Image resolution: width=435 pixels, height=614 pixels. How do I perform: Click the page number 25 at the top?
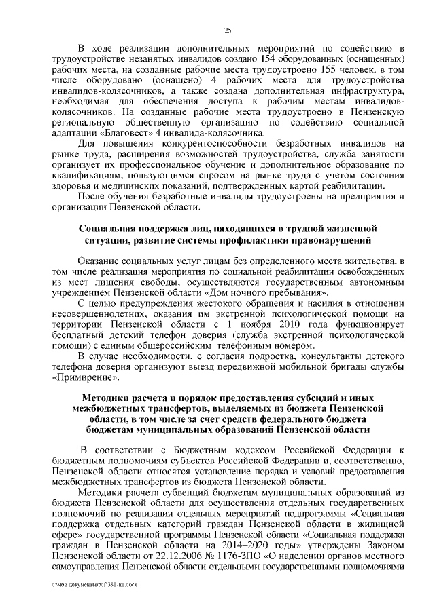coord(228,28)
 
